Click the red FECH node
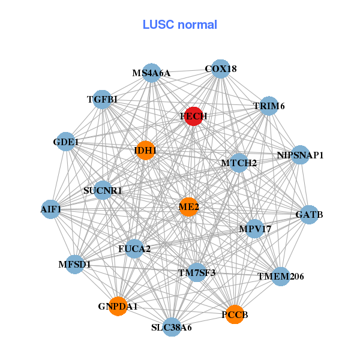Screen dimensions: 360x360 [193, 116]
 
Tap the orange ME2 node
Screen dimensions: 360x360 [189, 207]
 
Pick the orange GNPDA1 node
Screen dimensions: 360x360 [118, 306]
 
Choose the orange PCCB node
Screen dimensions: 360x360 [236, 314]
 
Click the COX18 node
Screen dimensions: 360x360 [221, 68]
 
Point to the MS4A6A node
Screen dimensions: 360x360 [151, 73]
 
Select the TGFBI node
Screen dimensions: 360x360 [103, 99]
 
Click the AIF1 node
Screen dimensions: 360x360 [51, 209]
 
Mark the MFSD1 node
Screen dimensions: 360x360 [74, 263]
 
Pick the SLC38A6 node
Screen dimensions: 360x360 [172, 327]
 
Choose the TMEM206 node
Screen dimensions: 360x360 [281, 277]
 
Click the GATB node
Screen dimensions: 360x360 [309, 214]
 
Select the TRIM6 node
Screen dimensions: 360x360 [268, 106]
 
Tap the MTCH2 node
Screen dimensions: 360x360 [239, 163]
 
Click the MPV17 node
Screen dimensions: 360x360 [255, 229]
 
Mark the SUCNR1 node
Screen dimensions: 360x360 [103, 191]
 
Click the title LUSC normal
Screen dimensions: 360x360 [179, 25]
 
